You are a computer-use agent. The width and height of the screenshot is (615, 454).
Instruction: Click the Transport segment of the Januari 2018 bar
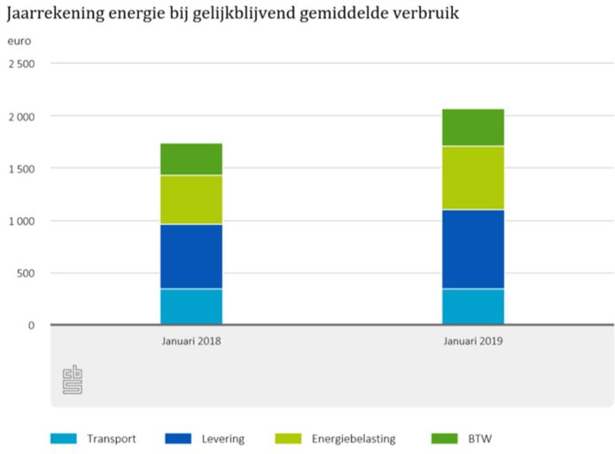pos(191,307)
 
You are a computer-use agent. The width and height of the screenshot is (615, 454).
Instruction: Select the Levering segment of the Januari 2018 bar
pos(191,257)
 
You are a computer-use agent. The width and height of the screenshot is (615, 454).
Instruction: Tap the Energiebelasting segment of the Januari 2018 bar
pos(191,200)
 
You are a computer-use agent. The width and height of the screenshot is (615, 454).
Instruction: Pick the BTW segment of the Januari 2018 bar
pos(191,159)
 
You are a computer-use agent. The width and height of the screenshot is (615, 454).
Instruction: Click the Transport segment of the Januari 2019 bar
pos(473,307)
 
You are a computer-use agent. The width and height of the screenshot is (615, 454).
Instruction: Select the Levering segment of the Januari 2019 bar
pos(473,250)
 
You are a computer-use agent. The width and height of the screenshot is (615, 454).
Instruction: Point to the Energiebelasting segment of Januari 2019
pos(473,178)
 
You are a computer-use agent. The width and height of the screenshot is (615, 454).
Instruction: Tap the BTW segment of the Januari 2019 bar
pos(473,127)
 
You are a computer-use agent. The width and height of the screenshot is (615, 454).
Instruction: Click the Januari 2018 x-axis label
pos(191,341)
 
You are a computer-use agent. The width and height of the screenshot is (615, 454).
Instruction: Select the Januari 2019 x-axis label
pos(473,341)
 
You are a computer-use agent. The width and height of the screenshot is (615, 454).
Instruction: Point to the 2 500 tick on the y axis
pos(21,64)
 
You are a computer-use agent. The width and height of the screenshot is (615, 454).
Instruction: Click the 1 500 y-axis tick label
pos(21,168)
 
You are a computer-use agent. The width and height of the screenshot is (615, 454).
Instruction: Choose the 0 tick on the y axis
pos(31,325)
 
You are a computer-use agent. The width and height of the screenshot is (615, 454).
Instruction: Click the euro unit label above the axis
pos(19,42)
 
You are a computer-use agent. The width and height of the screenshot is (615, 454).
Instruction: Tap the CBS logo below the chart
pos(72,379)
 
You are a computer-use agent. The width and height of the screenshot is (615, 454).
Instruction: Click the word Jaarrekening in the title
pos(51,14)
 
